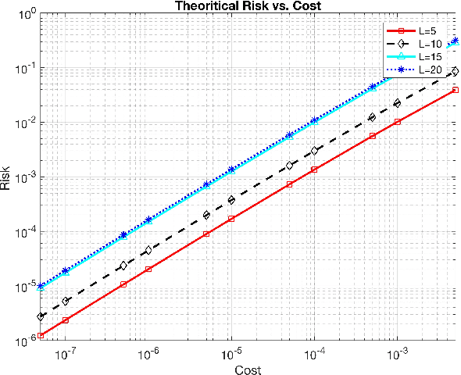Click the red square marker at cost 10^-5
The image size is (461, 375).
[x=231, y=219]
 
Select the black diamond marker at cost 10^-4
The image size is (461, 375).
[x=314, y=151]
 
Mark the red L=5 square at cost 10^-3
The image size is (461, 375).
[x=398, y=122]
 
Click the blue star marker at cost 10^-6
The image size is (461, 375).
[x=148, y=220]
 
